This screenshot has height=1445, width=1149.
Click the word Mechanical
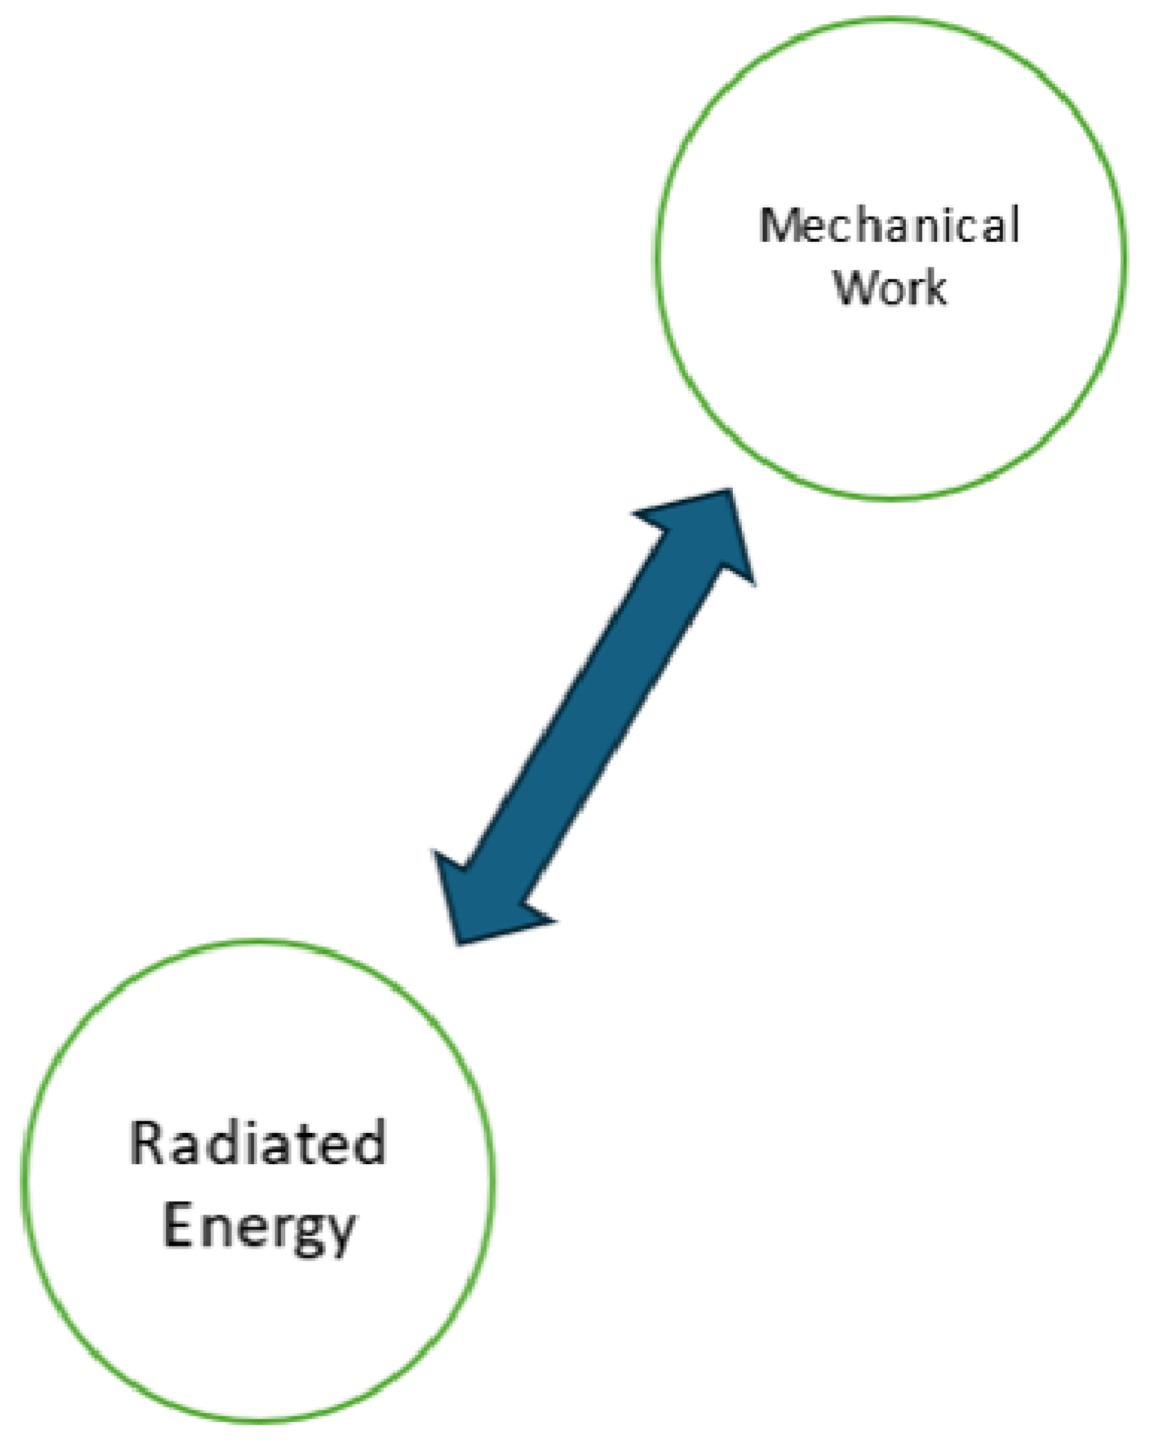click(889, 225)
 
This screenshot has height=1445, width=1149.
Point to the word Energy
click(259, 1228)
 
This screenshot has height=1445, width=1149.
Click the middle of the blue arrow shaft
click(596, 718)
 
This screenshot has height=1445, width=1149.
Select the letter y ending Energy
click(338, 1233)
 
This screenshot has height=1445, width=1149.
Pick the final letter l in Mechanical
click(1014, 224)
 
